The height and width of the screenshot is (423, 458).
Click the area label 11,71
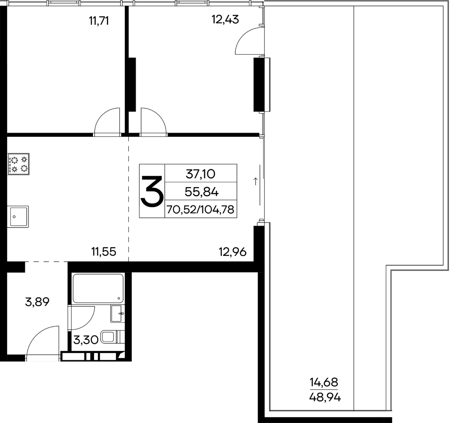(x=99, y=21)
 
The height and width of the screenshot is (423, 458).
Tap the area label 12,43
(x=225, y=19)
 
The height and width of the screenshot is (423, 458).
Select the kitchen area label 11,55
(x=104, y=252)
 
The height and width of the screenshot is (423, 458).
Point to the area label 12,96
(x=232, y=252)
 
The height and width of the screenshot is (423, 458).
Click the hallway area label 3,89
(x=37, y=302)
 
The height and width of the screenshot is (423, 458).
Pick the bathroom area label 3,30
(x=86, y=340)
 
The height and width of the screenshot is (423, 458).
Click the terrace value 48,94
(x=325, y=397)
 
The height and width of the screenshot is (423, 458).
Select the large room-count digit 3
(x=152, y=191)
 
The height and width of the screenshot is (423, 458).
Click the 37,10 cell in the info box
(x=200, y=174)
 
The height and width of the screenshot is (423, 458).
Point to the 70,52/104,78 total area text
(x=200, y=210)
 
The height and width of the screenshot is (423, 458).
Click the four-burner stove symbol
(x=18, y=164)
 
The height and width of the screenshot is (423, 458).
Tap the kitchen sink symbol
(x=18, y=217)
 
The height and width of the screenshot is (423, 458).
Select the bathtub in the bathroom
(x=98, y=288)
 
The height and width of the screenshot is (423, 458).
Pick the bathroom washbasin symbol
(x=118, y=313)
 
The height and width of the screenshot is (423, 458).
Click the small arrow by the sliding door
(x=255, y=181)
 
